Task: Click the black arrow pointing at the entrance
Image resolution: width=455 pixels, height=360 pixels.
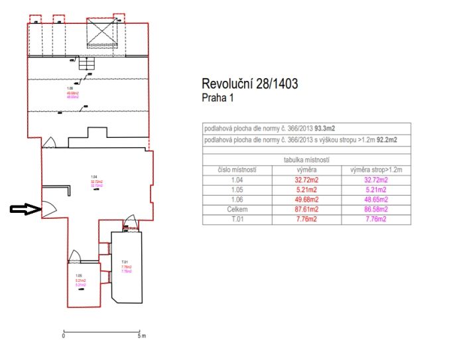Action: coord(24,210)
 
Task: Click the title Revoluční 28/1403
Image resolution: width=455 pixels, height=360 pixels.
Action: coord(249,84)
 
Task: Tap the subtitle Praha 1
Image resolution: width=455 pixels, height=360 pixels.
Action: coord(218,97)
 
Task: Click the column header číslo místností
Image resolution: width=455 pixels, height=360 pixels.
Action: coord(237,170)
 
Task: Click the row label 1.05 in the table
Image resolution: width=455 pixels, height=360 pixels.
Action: coord(237,189)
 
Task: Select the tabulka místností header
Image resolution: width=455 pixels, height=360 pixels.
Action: coord(307,160)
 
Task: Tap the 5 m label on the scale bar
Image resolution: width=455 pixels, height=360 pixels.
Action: coord(141,336)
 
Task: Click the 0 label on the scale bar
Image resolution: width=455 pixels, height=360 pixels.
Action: coord(63,336)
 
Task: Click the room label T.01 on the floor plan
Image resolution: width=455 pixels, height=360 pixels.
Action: coord(124,262)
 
